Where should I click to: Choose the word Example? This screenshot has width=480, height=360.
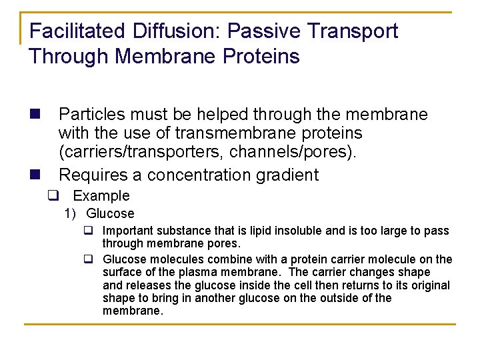tap(101, 196)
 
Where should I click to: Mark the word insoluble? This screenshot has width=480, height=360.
tap(299, 231)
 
